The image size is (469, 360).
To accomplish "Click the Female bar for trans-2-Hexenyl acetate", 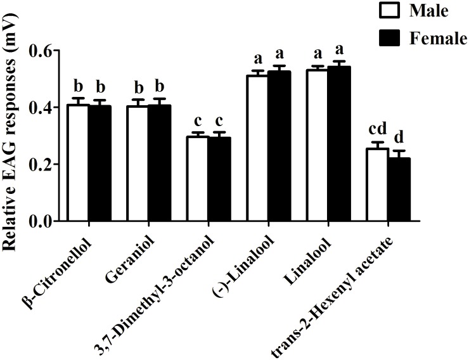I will pos(399,190).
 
